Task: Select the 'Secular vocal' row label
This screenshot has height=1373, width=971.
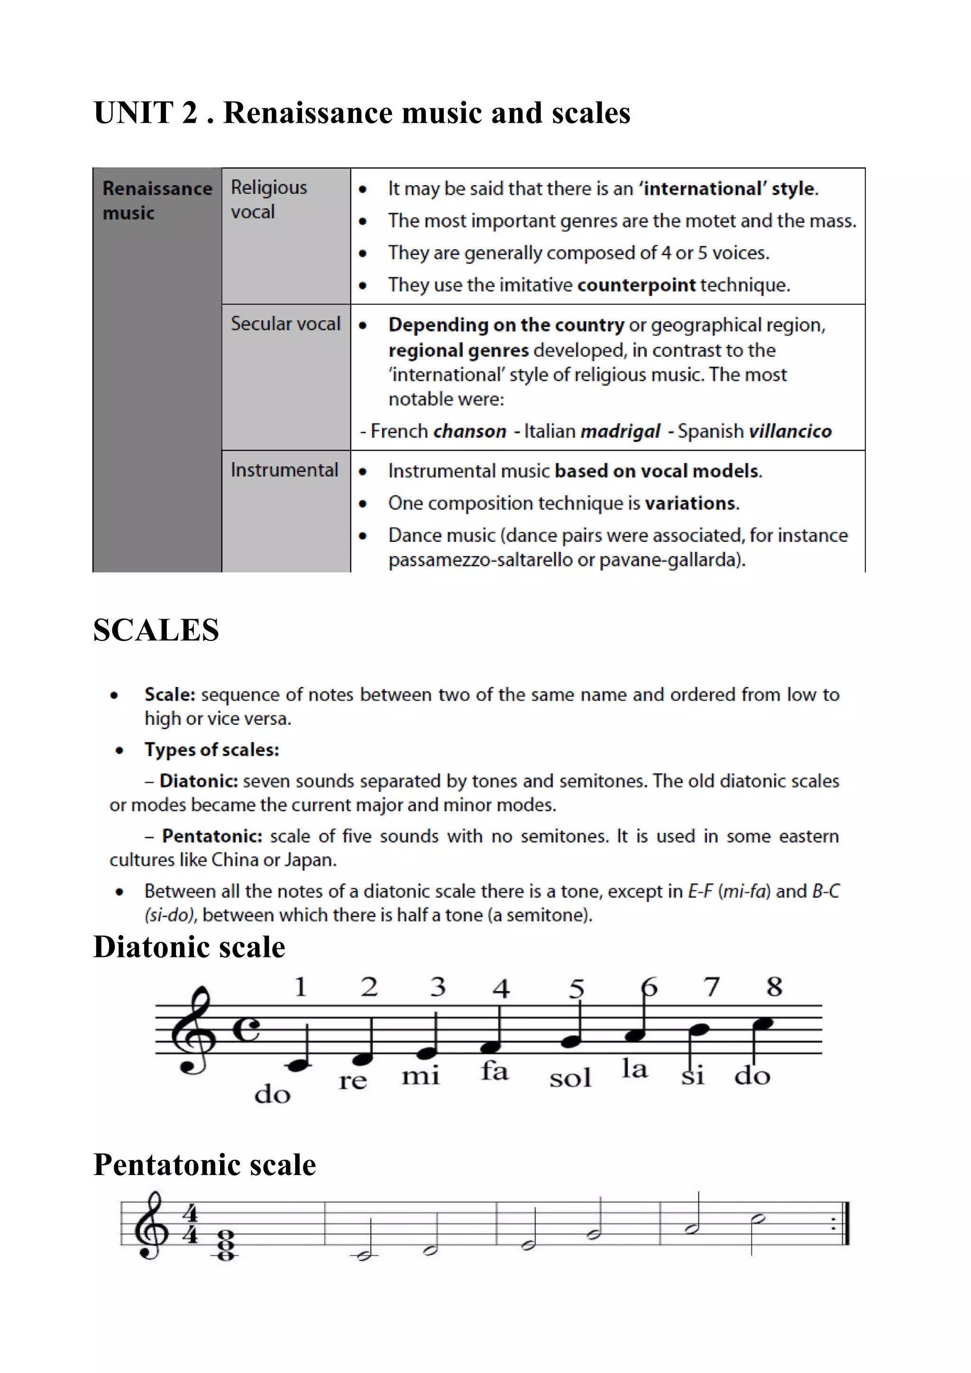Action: [x=285, y=324]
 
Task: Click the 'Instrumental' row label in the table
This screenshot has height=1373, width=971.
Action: [x=284, y=470]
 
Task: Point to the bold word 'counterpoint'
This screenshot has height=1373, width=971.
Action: [x=637, y=285]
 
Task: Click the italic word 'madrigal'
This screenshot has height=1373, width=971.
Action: [x=620, y=431]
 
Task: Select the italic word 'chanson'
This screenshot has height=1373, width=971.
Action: [x=470, y=431]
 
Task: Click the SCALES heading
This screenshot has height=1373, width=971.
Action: [x=156, y=630]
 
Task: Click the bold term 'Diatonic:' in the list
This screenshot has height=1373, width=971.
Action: [x=199, y=781]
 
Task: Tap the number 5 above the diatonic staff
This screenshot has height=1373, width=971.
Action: [x=576, y=988]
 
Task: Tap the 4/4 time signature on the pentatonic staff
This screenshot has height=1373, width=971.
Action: [x=190, y=1224]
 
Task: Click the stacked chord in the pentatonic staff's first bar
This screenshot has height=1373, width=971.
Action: [x=225, y=1243]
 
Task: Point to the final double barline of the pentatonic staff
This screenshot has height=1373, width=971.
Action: [x=845, y=1223]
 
